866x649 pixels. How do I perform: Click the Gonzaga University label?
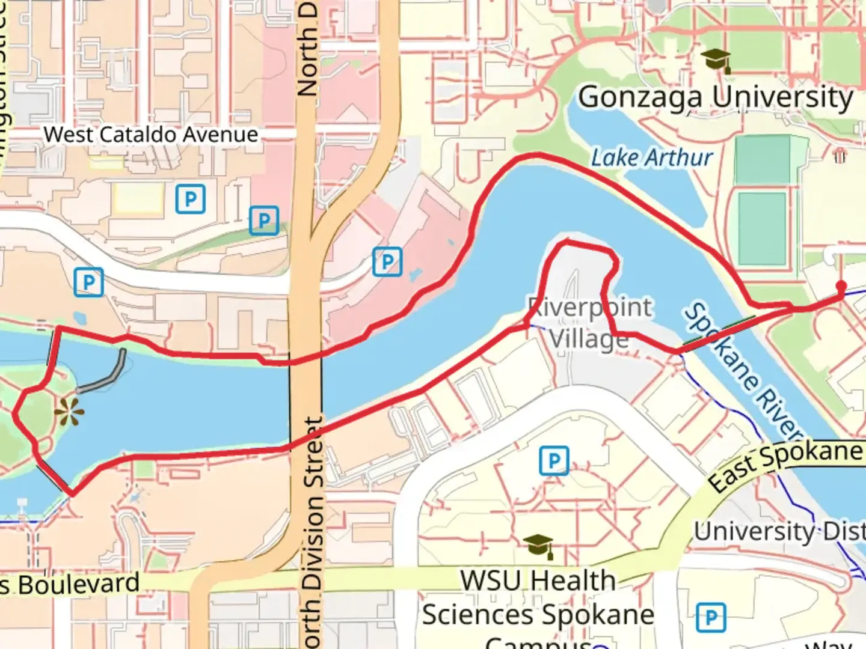pos(716,97)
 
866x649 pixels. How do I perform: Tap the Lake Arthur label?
pos(651,158)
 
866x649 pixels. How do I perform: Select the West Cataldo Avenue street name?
pos(151,135)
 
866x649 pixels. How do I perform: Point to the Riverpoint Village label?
pos(589,323)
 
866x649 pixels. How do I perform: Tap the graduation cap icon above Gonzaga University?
pos(716,60)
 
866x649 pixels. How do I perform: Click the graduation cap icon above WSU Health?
pos(538,545)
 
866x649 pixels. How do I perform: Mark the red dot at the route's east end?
pos(841,286)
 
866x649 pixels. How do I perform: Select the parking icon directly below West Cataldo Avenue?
pos(191,199)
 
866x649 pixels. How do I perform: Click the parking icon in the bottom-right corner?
pos(711,617)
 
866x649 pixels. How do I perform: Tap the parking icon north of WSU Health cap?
pos(554,461)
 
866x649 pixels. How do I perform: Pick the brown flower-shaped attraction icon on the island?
pos(69,412)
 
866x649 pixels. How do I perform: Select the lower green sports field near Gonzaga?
pos(762,228)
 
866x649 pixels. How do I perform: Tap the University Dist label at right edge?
pos(779,531)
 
